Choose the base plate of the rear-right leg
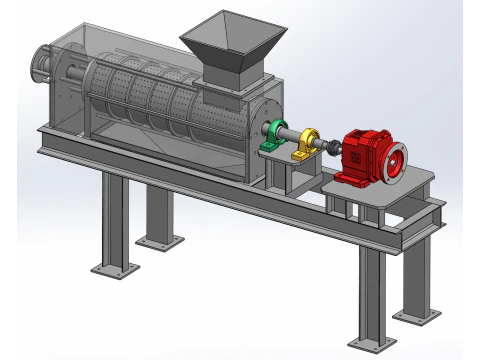tap(415, 316)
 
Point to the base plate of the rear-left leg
tap(160, 241)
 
